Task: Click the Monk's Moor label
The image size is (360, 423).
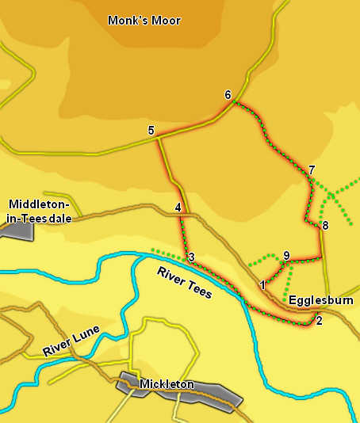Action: [144, 21]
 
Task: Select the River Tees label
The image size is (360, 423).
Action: [185, 283]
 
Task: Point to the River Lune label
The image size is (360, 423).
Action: [71, 341]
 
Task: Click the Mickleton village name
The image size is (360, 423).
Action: [167, 385]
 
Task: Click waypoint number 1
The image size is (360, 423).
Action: [262, 284]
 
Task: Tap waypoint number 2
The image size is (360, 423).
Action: [319, 321]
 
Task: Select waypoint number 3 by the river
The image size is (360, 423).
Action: [191, 257]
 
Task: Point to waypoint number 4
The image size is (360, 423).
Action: [178, 208]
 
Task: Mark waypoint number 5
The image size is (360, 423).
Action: [150, 130]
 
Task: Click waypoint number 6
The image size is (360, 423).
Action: [228, 95]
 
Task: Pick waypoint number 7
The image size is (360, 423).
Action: [312, 170]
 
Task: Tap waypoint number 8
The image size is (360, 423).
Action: [324, 227]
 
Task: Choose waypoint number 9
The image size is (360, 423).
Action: [286, 255]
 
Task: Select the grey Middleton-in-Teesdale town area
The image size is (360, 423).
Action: [17, 231]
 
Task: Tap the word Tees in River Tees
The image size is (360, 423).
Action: [198, 289]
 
